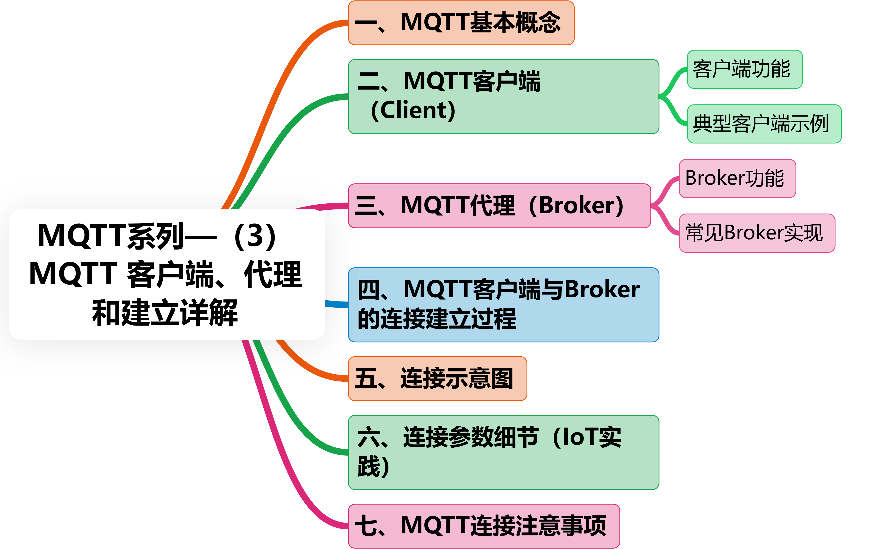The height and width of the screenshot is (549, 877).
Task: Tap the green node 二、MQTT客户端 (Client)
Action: point(503,96)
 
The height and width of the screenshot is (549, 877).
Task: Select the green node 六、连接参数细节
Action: point(503,452)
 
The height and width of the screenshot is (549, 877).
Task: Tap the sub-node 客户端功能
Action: point(744,69)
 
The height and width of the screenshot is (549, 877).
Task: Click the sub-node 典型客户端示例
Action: point(764,124)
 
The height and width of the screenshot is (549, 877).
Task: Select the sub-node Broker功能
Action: point(737,178)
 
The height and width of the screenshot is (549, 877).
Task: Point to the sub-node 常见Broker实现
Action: point(757,233)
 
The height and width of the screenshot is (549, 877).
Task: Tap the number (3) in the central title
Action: point(255,236)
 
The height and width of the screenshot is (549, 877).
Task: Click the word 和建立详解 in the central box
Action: point(165,313)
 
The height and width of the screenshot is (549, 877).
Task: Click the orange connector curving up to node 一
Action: point(276,91)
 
